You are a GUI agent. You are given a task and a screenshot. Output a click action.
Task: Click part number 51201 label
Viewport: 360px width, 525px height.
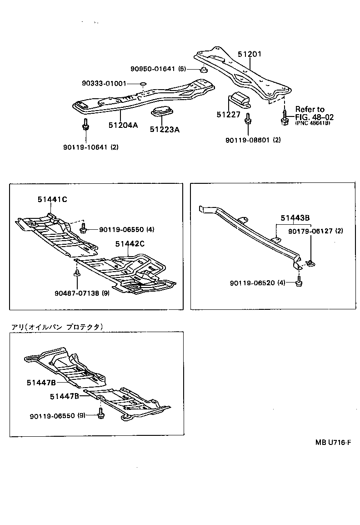click(250, 54)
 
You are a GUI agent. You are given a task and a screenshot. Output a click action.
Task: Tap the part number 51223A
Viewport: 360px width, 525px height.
click(165, 130)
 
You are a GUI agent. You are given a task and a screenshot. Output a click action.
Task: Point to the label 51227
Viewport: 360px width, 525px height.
click(228, 115)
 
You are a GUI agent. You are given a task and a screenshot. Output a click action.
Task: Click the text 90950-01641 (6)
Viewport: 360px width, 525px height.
click(158, 69)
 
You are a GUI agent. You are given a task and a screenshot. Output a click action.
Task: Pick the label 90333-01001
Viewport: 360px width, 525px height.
click(104, 84)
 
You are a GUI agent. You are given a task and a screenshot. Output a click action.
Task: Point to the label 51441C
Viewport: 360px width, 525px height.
click(53, 200)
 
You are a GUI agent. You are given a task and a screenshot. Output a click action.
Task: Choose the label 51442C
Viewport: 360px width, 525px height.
click(130, 244)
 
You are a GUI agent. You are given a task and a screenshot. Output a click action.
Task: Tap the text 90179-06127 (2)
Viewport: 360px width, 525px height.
click(315, 231)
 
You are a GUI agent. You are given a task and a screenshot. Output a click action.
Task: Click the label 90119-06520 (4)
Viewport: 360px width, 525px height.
click(257, 283)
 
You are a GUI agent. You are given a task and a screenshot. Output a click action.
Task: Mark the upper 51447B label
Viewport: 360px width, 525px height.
click(41, 383)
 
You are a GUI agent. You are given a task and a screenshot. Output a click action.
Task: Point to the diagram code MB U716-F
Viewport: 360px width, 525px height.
click(334, 443)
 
